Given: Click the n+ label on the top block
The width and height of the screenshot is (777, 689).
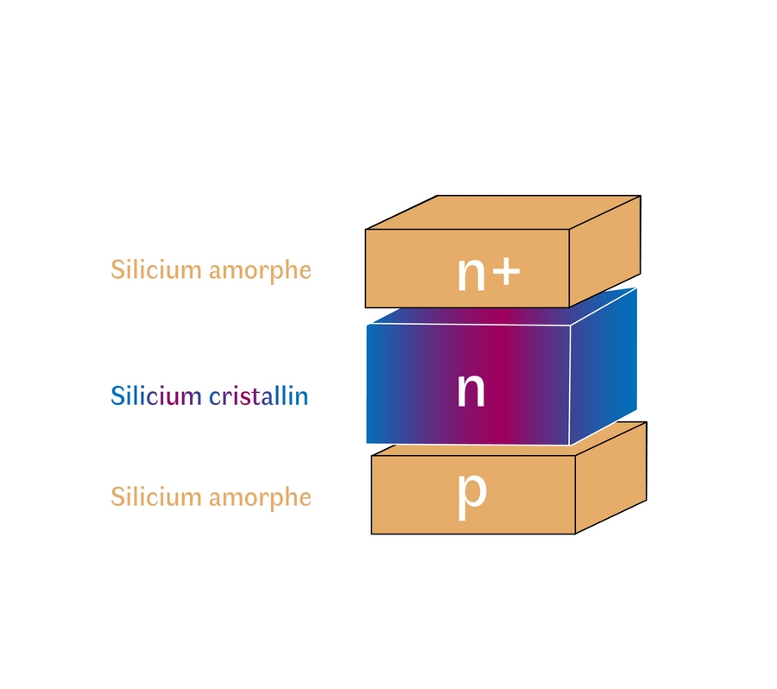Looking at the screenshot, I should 488,274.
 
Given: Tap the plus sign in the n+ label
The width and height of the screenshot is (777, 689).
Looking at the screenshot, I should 507,273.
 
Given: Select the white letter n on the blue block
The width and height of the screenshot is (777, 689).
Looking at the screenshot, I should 471,390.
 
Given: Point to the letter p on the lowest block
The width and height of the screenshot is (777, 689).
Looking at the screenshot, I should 472,493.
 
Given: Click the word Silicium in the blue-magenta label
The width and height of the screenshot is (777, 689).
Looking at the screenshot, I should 157,396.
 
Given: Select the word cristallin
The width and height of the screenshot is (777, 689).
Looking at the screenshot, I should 259,396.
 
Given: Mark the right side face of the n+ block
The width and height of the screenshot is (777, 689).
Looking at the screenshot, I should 604,250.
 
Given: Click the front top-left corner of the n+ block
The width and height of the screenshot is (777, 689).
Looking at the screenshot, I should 366,230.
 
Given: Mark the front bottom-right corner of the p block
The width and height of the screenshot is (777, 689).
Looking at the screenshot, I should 575,534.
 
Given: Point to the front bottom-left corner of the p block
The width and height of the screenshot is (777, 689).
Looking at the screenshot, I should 372,534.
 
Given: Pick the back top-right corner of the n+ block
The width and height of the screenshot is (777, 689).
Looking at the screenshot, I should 641,196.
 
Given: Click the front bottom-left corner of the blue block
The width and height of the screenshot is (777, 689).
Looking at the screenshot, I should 367,443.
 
